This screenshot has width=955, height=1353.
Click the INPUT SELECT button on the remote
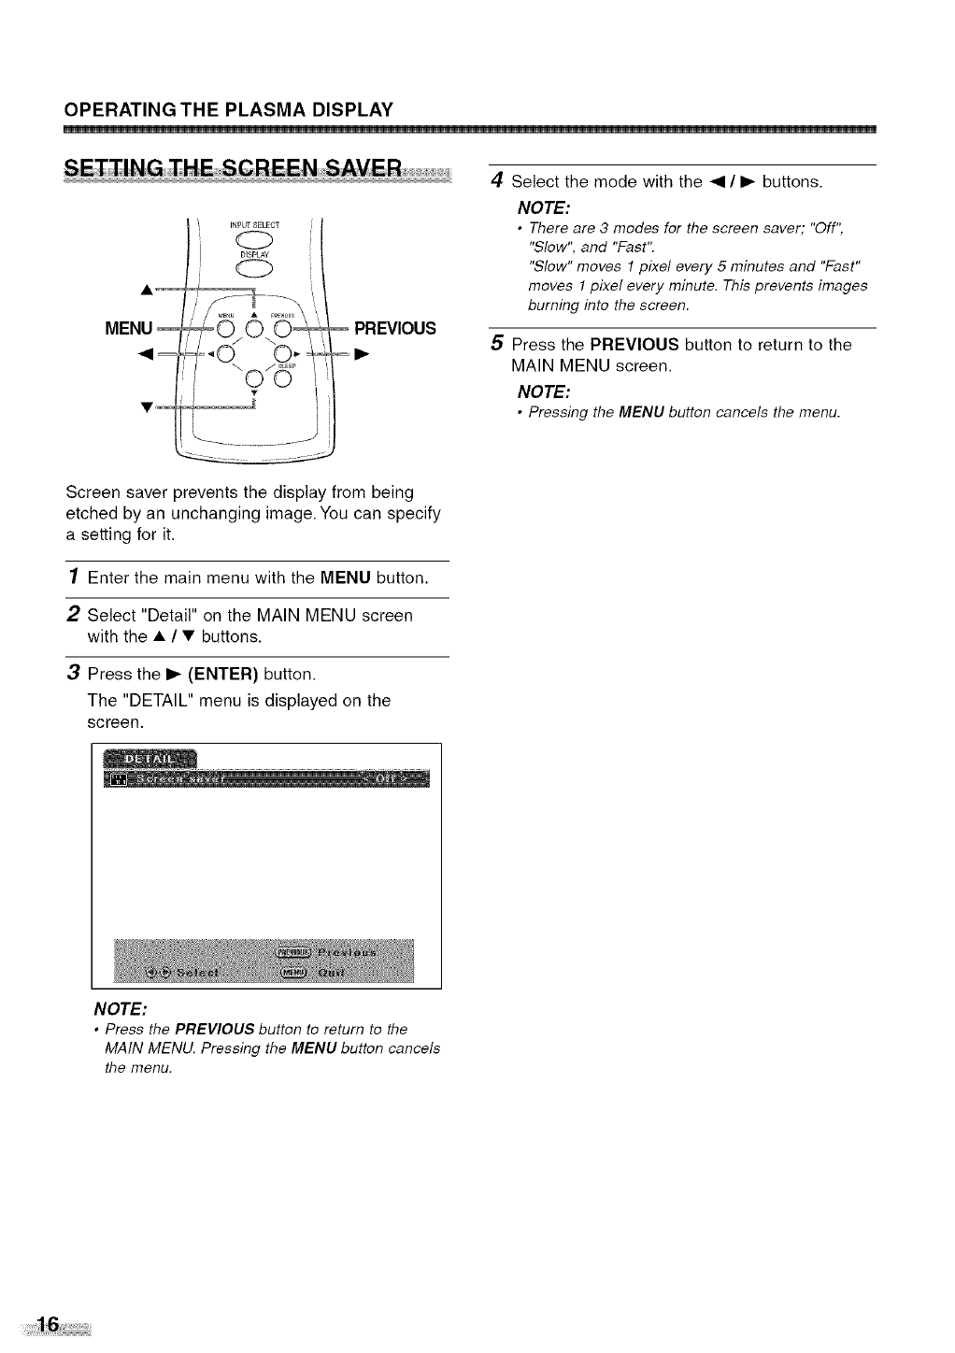tap(254, 239)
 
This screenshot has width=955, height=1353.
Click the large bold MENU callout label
tap(129, 328)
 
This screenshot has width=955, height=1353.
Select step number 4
tap(498, 180)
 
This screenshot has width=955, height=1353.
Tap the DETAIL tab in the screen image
tap(151, 757)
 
